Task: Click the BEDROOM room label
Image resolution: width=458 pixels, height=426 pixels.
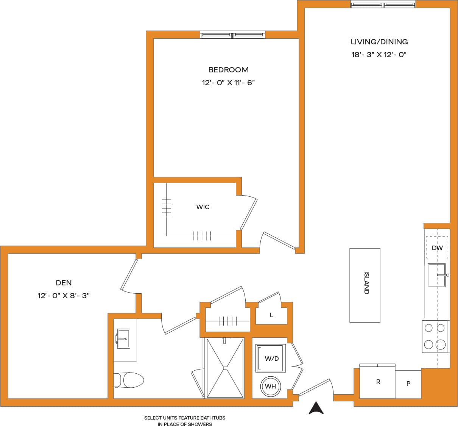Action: pos(228,70)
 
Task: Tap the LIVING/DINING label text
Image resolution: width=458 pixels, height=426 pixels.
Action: pos(379,42)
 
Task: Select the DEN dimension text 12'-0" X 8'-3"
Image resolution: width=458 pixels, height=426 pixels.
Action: pos(64,296)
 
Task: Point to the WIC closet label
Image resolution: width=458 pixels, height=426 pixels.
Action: pos(203,207)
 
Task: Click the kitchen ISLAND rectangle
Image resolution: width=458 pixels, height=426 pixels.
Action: pos(365,285)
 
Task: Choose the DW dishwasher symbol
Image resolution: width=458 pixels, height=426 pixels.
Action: pos(437,248)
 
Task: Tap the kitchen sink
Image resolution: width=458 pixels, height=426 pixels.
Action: pos(436,275)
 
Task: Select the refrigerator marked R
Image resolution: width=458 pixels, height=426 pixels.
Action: pos(377,382)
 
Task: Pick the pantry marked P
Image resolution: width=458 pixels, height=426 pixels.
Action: pos(408,384)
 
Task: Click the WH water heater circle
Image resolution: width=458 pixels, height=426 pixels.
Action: pos(270,387)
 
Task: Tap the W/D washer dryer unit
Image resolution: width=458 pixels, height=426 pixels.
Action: pos(271,358)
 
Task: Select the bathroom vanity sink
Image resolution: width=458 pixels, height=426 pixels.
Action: pos(123,338)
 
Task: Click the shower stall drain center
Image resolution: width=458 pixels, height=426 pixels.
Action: pos(225,367)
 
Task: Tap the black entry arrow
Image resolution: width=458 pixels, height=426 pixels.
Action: pos(316,408)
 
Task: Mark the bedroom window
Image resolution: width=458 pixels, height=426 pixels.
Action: pos(232,35)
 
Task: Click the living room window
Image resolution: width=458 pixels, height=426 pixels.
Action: pos(383,5)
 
